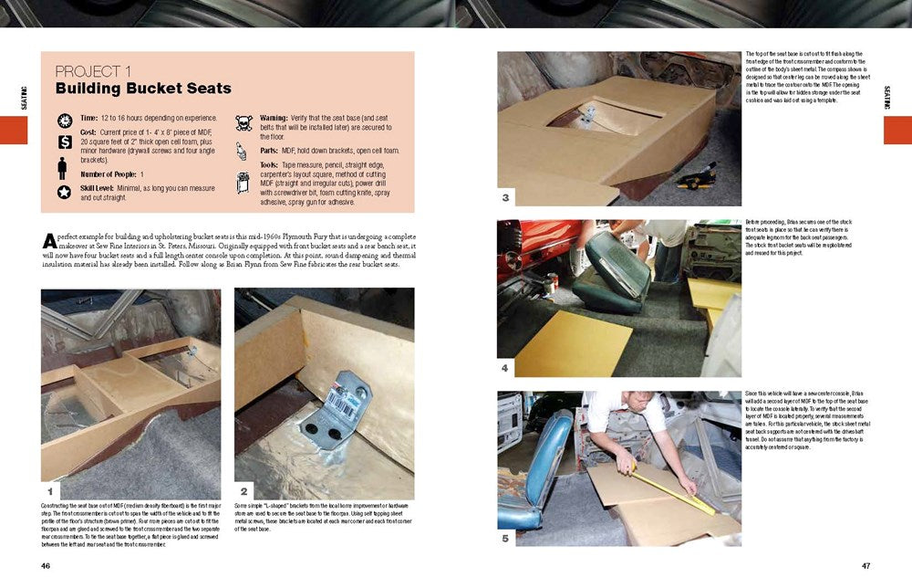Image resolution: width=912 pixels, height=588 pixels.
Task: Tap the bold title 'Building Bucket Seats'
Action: click(143, 89)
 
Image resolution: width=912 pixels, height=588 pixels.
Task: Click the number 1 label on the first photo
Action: click(51, 490)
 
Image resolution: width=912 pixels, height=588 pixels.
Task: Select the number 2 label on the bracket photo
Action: click(244, 490)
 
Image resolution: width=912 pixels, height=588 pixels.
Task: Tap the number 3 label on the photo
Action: click(506, 198)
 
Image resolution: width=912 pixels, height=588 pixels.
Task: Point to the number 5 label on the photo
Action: click(506, 538)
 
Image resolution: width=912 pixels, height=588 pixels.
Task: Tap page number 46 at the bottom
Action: click(46, 565)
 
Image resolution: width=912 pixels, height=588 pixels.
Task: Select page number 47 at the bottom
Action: click(865, 565)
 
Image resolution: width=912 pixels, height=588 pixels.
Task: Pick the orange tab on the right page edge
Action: click(897, 130)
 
